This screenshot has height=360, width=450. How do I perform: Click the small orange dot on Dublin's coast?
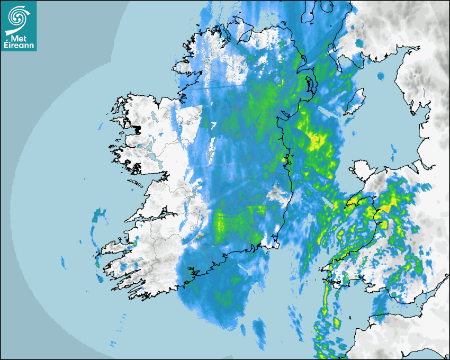tap(284, 159)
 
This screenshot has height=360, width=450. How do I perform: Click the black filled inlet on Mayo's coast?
tap(138, 129)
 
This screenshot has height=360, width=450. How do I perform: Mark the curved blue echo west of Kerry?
tap(95, 233)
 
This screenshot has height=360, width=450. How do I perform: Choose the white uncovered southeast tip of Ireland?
tap(272, 244)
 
